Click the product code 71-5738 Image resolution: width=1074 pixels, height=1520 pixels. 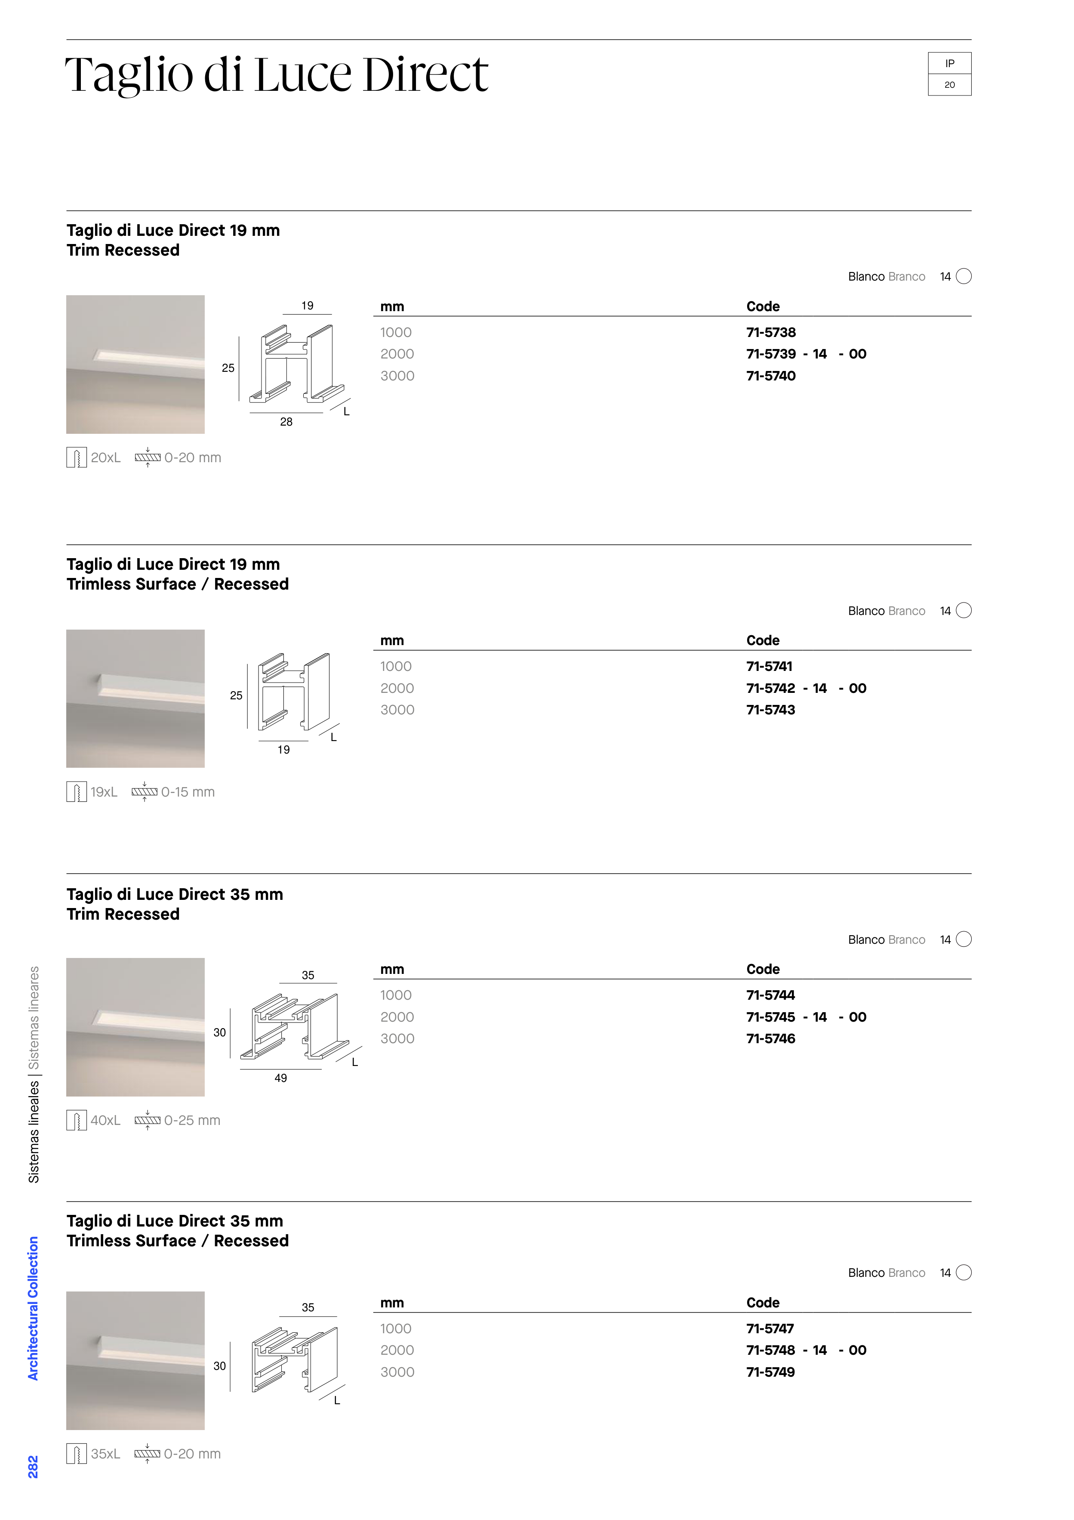click(x=771, y=332)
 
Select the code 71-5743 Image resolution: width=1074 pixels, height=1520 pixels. click(x=771, y=710)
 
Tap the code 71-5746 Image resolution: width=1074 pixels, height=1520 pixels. click(x=771, y=1039)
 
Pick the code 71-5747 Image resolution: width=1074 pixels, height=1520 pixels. click(x=770, y=1328)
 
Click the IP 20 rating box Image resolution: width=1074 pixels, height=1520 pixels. click(x=950, y=74)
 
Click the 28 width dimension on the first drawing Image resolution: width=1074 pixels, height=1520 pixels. click(x=286, y=422)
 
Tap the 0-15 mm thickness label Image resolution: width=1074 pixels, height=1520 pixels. click(x=188, y=792)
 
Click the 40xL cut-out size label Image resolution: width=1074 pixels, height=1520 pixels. click(x=105, y=1120)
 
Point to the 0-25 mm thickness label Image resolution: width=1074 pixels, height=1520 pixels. click(x=192, y=1120)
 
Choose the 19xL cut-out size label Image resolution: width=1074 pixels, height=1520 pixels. click(x=104, y=792)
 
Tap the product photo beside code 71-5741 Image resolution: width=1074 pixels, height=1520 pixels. click(x=135, y=698)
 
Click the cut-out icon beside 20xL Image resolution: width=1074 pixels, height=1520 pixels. click(x=77, y=457)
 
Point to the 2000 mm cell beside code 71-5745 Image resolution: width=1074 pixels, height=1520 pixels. click(x=397, y=1017)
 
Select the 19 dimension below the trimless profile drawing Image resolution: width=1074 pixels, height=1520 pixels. click(x=283, y=750)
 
